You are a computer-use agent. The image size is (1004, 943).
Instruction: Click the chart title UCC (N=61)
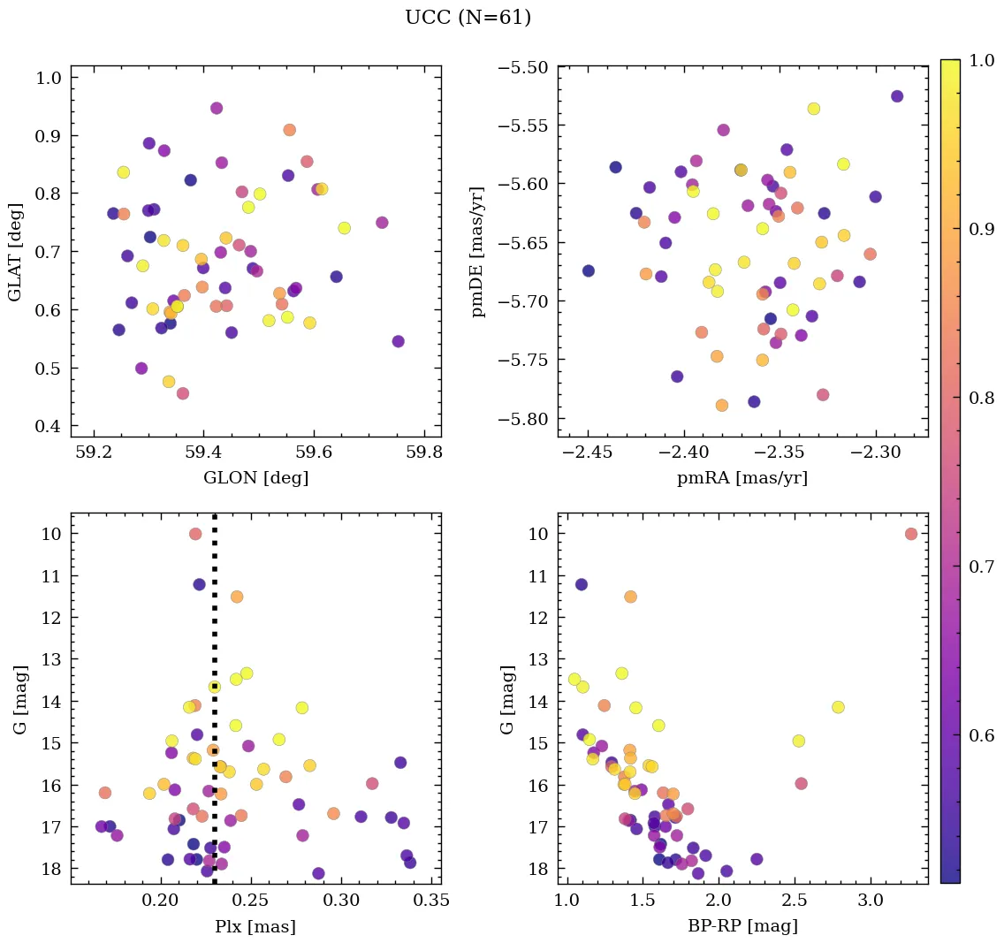point(468,18)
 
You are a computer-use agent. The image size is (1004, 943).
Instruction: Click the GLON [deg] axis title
point(256,478)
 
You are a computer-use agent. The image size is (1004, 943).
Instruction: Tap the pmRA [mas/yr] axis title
point(742,478)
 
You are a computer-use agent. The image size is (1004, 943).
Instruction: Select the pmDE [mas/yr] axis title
point(478,252)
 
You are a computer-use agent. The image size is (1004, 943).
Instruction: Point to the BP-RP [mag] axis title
point(742,926)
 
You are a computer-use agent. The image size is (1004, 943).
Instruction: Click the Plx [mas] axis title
point(255,926)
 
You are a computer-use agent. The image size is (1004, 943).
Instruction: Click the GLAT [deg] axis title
point(15,252)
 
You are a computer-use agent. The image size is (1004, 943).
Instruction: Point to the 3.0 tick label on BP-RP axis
point(871,901)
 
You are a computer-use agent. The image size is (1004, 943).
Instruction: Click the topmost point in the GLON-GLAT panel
point(217,109)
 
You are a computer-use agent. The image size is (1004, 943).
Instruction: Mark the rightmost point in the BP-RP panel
point(911,534)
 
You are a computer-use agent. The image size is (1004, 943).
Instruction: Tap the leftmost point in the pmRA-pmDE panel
point(589,271)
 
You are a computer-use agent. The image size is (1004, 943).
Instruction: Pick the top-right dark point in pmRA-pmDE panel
point(897,96)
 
